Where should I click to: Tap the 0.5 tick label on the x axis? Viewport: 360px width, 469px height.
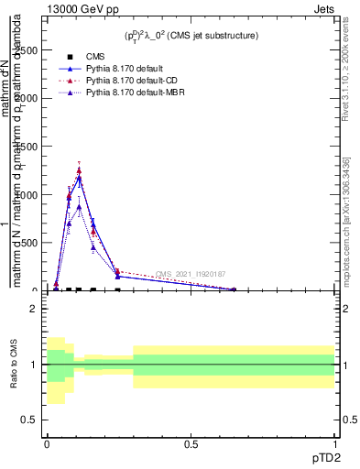pyautogui.click(x=191, y=443)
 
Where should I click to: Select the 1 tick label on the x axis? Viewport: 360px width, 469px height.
pyautogui.click(x=334, y=443)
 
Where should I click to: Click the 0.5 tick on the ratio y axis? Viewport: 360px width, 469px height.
pyautogui.click(x=33, y=420)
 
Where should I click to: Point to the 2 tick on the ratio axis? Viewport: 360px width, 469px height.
pyautogui.click(x=33, y=309)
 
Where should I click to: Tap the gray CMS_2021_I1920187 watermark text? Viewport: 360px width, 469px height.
pyautogui.click(x=191, y=274)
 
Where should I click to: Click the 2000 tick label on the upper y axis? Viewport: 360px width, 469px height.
pyautogui.click(x=26, y=98)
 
